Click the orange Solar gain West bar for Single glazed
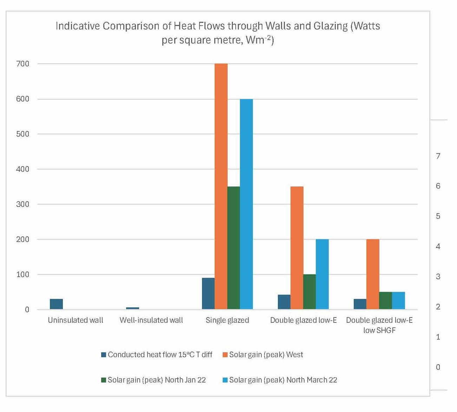point(221,186)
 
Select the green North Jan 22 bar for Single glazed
point(234,248)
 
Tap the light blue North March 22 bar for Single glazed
point(246,204)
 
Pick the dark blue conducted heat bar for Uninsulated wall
point(56,304)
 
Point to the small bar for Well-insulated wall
point(132,308)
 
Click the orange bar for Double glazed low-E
point(297,248)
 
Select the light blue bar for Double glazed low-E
point(322,274)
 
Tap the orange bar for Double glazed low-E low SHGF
point(373,274)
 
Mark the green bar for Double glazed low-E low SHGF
point(385,301)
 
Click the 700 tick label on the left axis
point(22,64)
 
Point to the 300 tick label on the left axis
point(22,204)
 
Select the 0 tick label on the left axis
point(27,310)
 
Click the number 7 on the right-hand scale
point(438,156)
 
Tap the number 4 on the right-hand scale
point(438,247)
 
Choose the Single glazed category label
point(227,320)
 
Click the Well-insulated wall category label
point(151,320)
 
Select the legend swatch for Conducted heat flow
point(104,355)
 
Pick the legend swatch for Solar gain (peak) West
point(225,355)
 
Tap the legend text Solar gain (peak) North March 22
point(283,380)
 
